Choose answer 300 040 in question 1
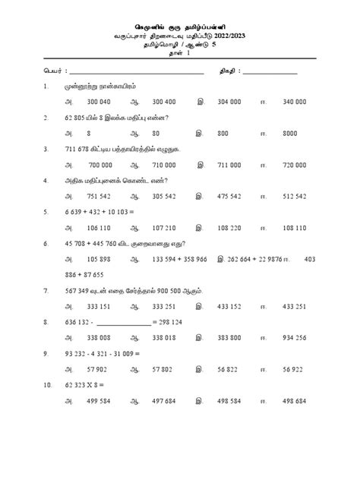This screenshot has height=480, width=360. [x=99, y=101]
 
